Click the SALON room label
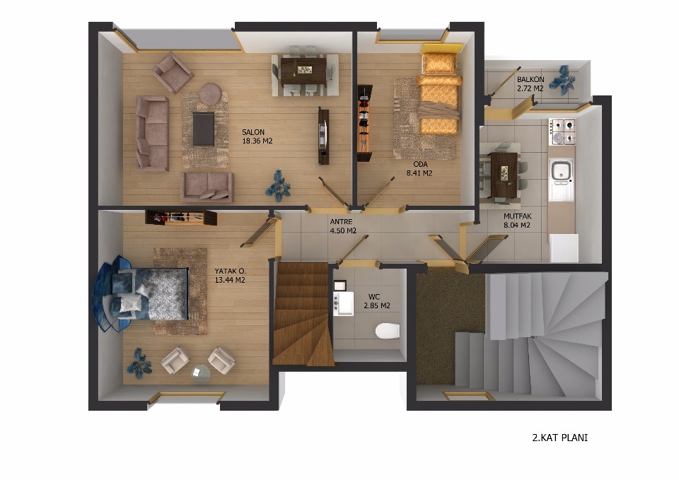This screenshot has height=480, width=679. (x=253, y=132)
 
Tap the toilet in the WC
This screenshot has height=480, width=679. (x=387, y=331)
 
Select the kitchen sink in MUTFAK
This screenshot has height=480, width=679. (x=561, y=179)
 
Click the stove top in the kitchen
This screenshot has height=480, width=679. (x=562, y=131)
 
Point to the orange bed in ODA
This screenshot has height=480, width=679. (x=439, y=93)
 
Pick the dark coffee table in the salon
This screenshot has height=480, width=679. (x=203, y=129)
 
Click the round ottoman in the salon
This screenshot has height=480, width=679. (x=211, y=93)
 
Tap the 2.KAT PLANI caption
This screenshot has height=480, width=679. (x=559, y=438)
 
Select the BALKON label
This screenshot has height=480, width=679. (x=530, y=80)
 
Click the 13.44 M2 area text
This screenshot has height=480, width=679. (x=230, y=280)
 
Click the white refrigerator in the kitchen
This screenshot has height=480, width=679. (x=564, y=248)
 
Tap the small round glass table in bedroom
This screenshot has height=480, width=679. (x=200, y=373)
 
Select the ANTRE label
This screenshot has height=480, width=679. (x=341, y=221)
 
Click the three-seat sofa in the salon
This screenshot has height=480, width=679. (x=152, y=132)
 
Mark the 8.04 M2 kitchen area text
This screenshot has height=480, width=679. (x=516, y=225)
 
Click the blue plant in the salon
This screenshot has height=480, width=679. (x=278, y=186)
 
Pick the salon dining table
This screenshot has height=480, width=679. (x=303, y=71)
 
